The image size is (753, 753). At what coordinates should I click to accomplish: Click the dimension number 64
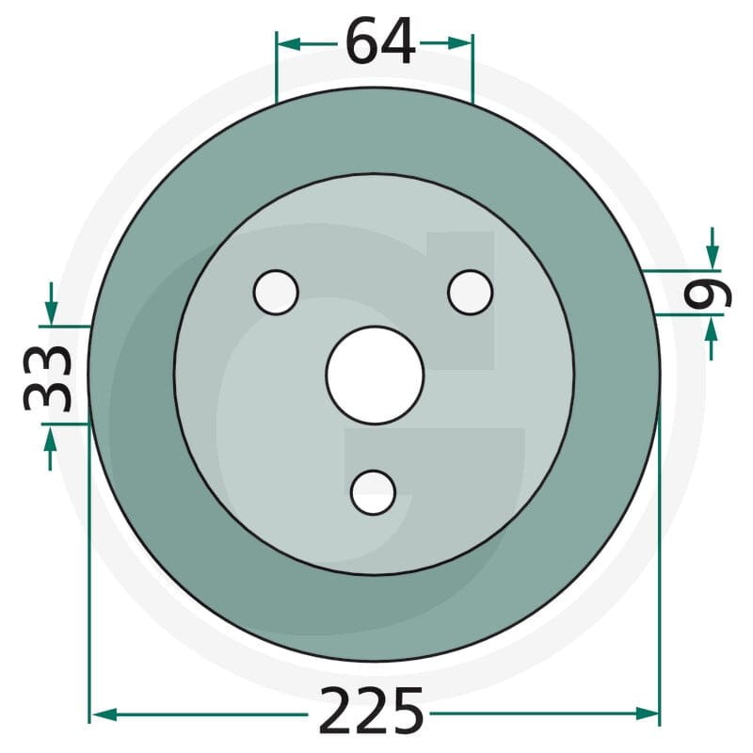click(x=380, y=41)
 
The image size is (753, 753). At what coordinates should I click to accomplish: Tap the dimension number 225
click(x=372, y=711)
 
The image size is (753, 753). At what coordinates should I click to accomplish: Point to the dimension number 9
click(x=708, y=294)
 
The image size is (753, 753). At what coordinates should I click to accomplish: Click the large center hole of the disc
click(x=375, y=375)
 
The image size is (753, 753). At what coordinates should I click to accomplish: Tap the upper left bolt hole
click(x=276, y=293)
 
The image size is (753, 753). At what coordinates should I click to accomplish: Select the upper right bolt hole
click(x=470, y=293)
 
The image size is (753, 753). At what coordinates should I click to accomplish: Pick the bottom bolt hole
click(x=373, y=492)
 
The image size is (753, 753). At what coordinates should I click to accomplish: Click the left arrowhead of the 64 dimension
click(x=289, y=44)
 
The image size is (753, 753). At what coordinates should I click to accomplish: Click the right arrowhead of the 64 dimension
click(x=459, y=43)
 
